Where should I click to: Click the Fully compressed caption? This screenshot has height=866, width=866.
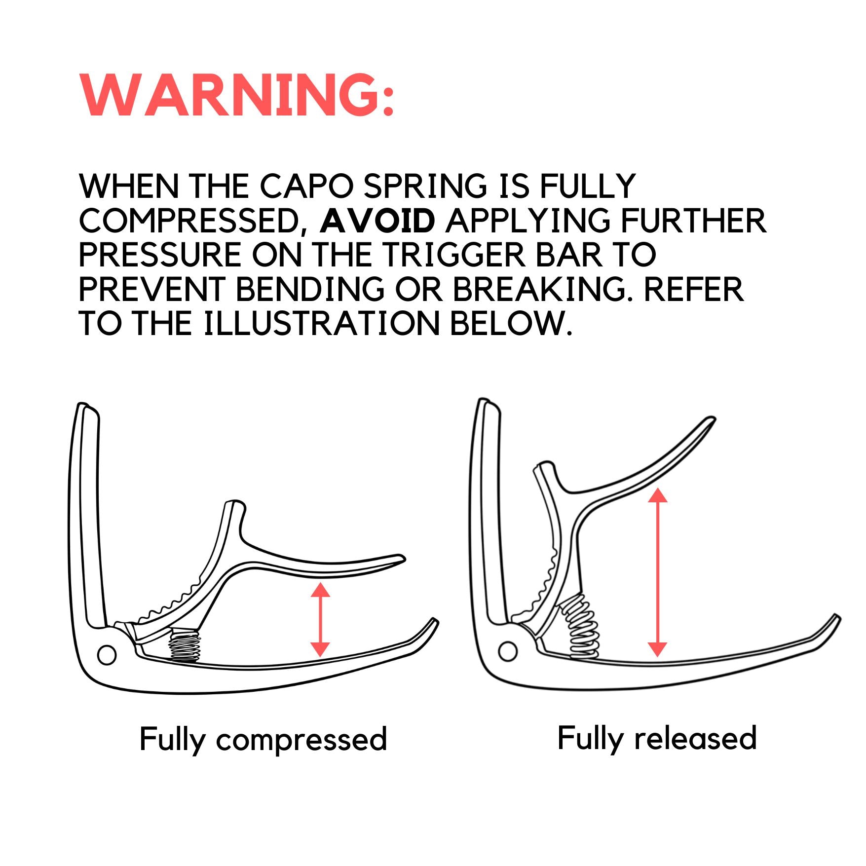(263, 739)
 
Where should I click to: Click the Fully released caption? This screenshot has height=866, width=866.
(657, 738)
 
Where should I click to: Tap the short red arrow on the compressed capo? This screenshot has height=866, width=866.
(320, 619)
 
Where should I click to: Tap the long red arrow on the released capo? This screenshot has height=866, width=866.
(657, 572)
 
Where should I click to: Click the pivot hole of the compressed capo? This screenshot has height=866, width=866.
(107, 655)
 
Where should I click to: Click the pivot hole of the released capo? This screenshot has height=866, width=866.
(507, 651)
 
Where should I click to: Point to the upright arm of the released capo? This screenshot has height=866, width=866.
(488, 508)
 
